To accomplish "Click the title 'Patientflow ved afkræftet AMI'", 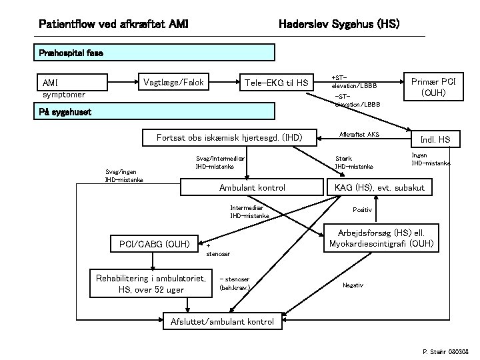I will pos(113,25).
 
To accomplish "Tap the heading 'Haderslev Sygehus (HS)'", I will pos(338,25).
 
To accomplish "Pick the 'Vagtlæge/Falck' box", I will pos(173,82).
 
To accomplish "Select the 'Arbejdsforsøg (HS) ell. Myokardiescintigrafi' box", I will pos(381,238).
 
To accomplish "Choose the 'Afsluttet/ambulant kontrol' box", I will pos(223,321).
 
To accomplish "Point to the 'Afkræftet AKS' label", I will pos(359,135).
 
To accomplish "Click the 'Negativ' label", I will pos(353,285).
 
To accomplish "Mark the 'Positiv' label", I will pos(363,209).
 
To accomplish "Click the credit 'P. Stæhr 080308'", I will pos(446,351).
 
